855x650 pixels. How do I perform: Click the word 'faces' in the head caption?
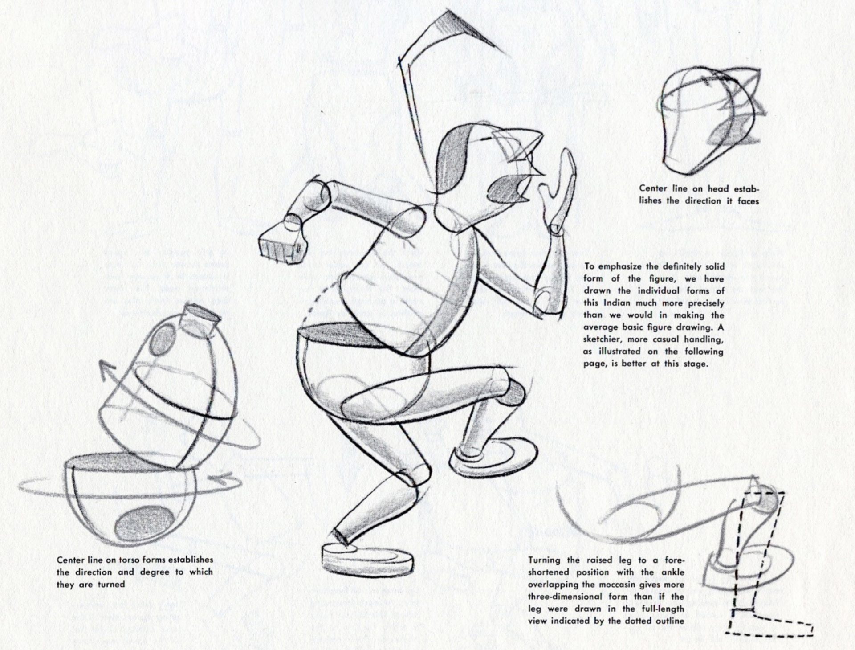tap(748, 200)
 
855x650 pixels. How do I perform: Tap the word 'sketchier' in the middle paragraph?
tap(601, 339)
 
